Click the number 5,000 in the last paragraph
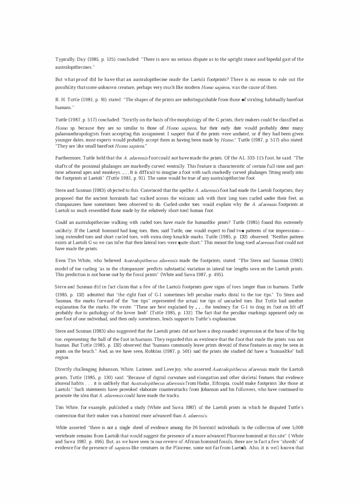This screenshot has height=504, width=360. pyautogui.click(x=297, y=428)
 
